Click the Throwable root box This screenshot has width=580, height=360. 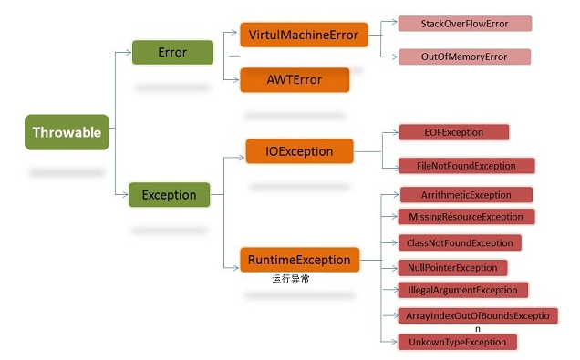[67, 133]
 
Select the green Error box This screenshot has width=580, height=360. [172, 52]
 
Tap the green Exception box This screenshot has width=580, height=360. [170, 194]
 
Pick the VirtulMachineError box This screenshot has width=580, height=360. [303, 36]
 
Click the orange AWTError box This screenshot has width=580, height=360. [295, 79]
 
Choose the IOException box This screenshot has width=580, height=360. [300, 150]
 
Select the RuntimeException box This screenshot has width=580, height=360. [298, 260]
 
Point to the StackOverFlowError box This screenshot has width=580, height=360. [464, 24]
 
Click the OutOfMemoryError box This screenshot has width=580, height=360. [464, 57]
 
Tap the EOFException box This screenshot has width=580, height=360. [453, 132]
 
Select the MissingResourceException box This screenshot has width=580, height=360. [466, 217]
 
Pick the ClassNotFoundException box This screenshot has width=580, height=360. [461, 243]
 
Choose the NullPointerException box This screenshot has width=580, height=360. [452, 268]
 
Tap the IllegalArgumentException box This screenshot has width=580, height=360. [462, 290]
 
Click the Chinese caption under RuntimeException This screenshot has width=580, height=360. [291, 279]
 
